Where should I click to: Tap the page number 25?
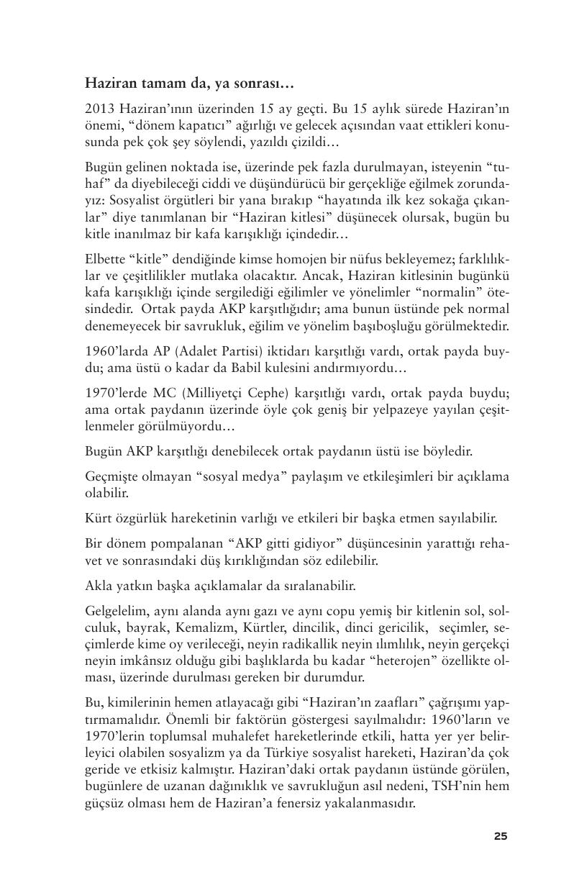(x=501, y=835)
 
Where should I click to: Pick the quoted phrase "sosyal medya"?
(x=236, y=476)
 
